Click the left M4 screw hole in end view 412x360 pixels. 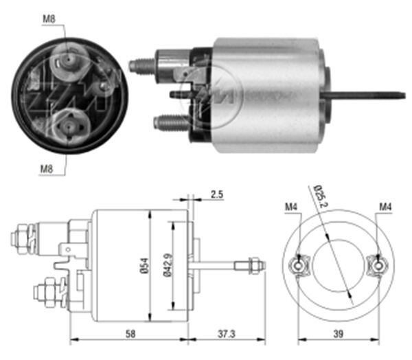pos(299,264)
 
